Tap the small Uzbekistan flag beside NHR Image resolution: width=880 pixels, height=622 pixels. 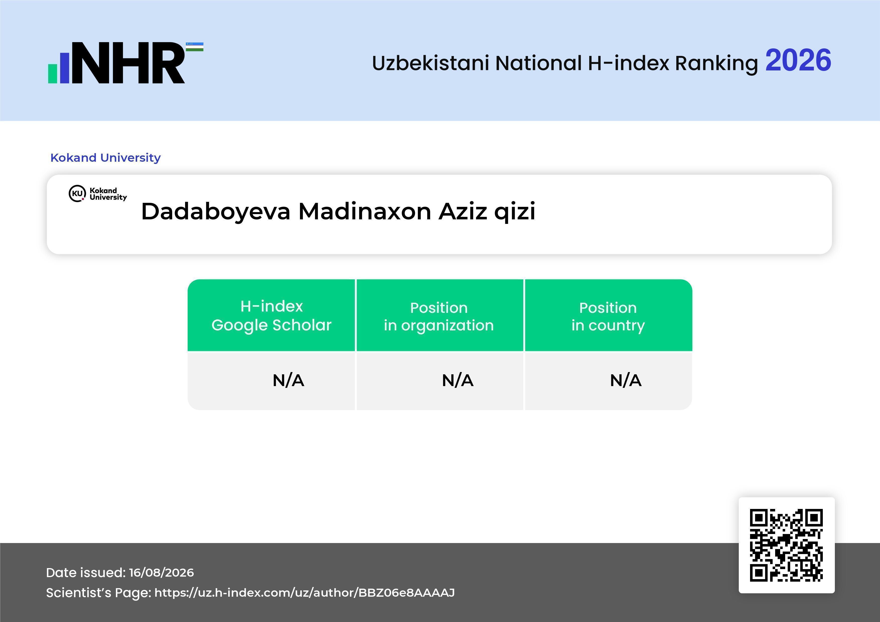coord(195,47)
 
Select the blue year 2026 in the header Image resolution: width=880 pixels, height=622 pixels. coord(798,60)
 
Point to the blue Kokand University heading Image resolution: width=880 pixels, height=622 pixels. coord(105,157)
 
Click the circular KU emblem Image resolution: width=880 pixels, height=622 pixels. coord(78,193)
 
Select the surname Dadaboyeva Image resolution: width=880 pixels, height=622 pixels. coord(216,212)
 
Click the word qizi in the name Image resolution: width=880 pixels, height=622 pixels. coord(515,212)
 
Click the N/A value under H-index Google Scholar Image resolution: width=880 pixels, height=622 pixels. coord(288,380)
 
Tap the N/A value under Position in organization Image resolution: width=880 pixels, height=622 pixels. coord(458,380)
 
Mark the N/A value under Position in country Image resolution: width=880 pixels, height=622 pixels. coord(625,380)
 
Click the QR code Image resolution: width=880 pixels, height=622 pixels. coord(786,545)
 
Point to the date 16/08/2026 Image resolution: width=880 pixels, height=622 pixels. coord(161,573)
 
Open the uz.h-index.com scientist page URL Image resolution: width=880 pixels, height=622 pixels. coord(304,593)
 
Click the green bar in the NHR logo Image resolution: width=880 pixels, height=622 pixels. coord(52,73)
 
